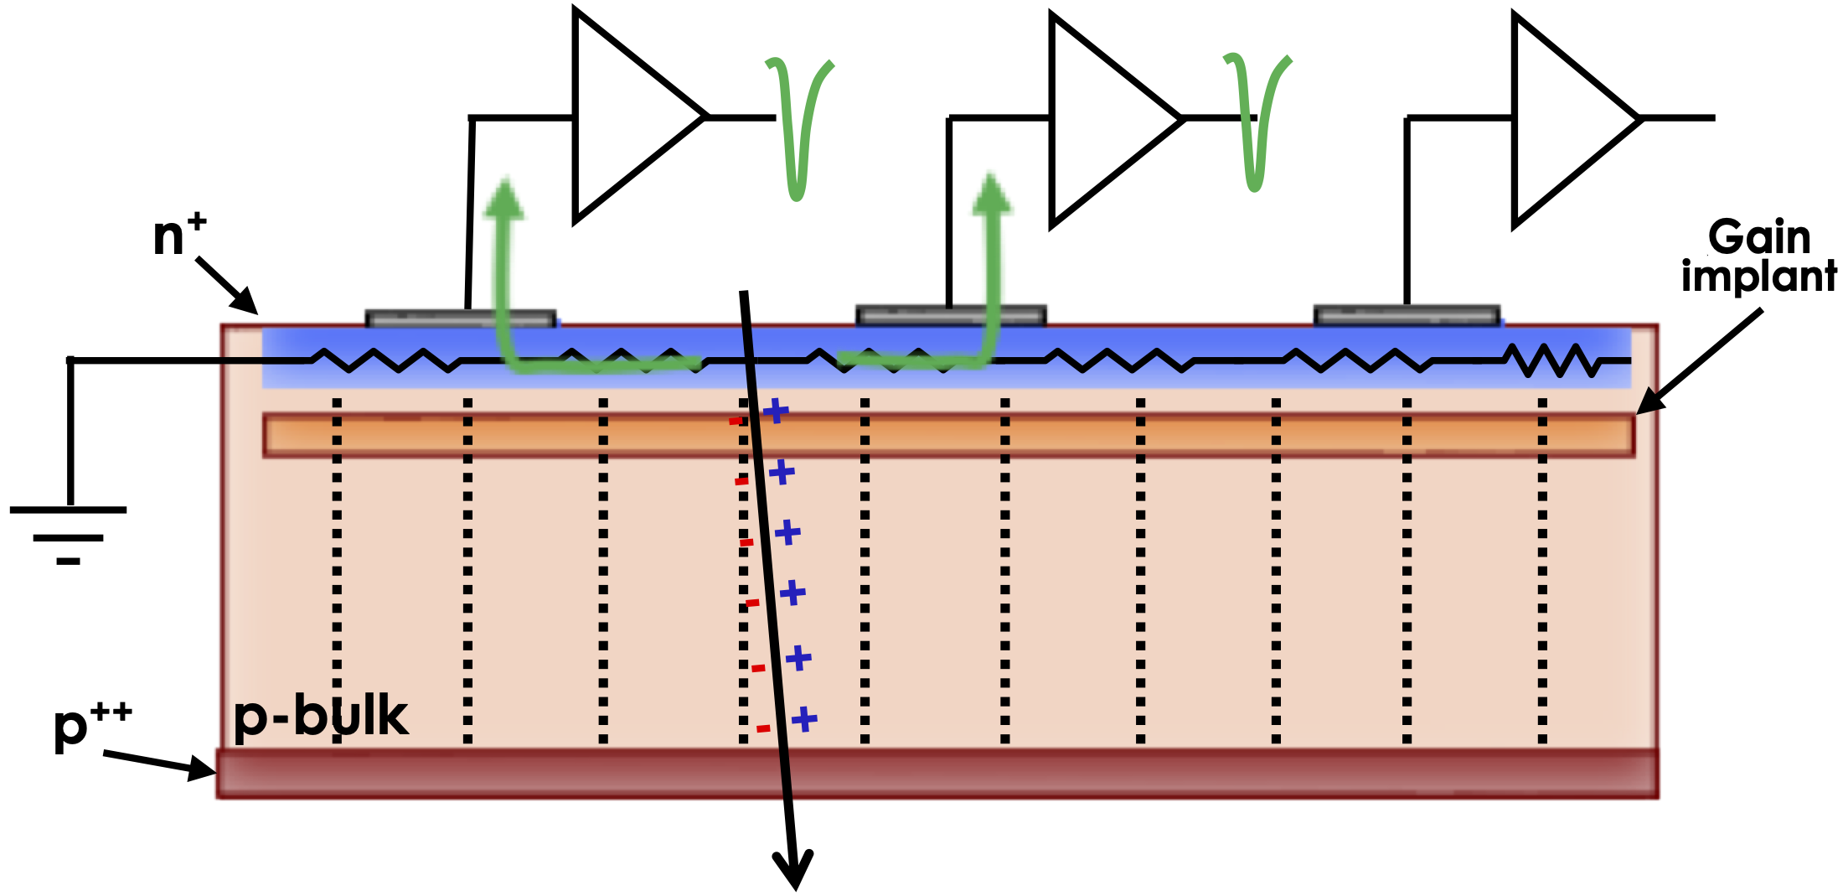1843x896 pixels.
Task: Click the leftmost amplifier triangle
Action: (x=628, y=117)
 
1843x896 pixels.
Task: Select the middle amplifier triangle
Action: (x=1106, y=120)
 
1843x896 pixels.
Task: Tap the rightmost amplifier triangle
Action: (x=1567, y=120)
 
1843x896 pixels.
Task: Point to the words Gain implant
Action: (x=1759, y=256)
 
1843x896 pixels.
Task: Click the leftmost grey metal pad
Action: (x=461, y=319)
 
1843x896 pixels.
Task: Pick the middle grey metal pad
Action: (x=951, y=315)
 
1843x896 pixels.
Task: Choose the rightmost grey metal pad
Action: (x=1407, y=315)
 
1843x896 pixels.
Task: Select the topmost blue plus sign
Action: (x=776, y=411)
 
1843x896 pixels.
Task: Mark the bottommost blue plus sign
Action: (x=804, y=719)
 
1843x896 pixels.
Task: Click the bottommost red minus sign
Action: (x=763, y=729)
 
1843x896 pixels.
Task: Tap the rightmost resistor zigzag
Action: (x=1554, y=360)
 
